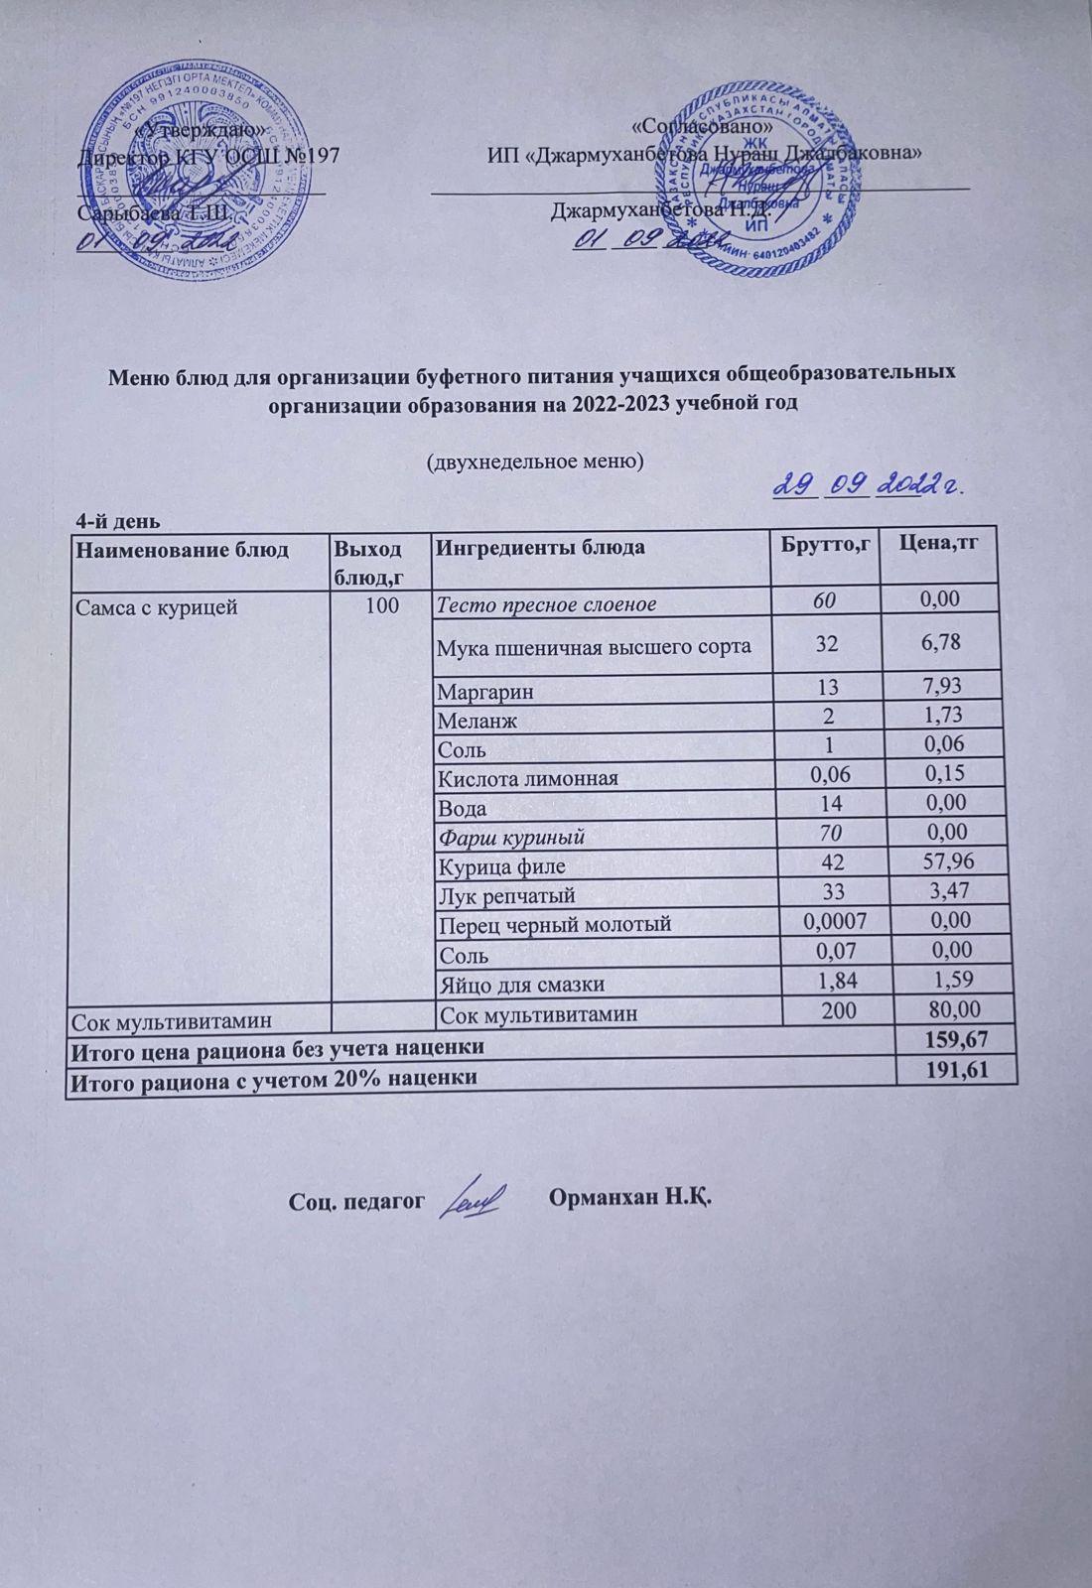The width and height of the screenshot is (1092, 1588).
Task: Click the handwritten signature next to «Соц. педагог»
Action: point(474,1198)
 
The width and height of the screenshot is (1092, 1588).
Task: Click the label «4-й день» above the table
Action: point(119,521)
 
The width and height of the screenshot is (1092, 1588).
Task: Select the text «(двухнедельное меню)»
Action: point(535,462)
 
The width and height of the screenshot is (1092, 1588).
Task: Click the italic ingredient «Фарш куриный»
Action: point(511,837)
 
